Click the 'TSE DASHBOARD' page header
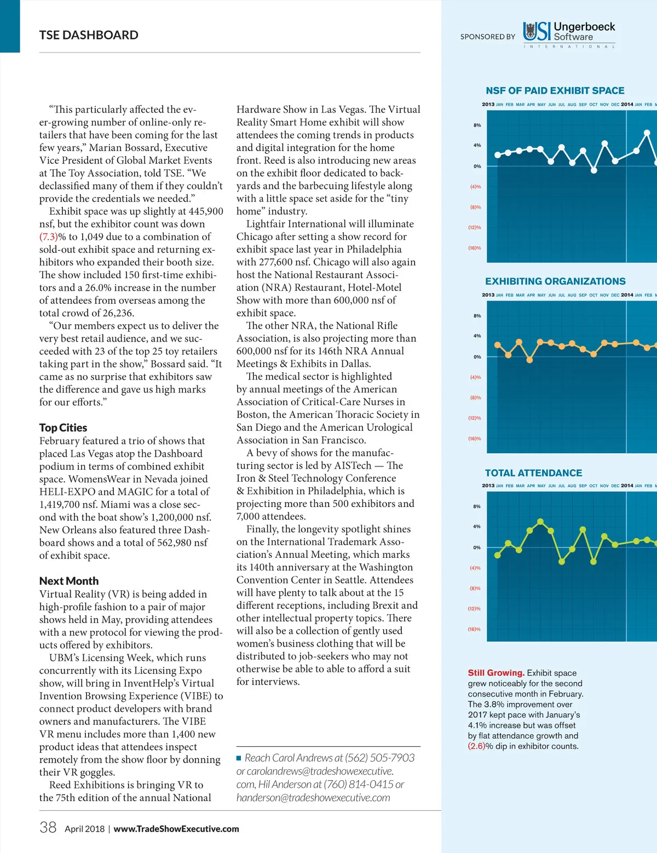(x=89, y=35)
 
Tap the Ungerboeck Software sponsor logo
(x=569, y=33)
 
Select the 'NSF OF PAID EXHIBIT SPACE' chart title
(x=555, y=91)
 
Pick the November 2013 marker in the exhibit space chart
(x=604, y=144)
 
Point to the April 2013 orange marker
(x=529, y=360)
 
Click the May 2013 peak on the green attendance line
(x=540, y=522)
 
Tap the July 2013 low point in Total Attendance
(x=562, y=561)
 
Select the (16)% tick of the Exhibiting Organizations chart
(x=474, y=439)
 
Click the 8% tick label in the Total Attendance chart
(x=477, y=506)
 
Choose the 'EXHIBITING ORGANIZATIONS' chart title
(x=555, y=281)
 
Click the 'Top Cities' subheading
(x=63, y=428)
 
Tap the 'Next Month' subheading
(x=69, y=581)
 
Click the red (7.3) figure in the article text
(x=48, y=237)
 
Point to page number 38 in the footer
(x=48, y=827)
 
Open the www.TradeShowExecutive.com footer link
(x=176, y=829)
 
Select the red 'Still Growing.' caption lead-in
(x=496, y=673)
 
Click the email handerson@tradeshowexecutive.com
(x=313, y=798)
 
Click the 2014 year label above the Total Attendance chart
(x=627, y=486)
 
